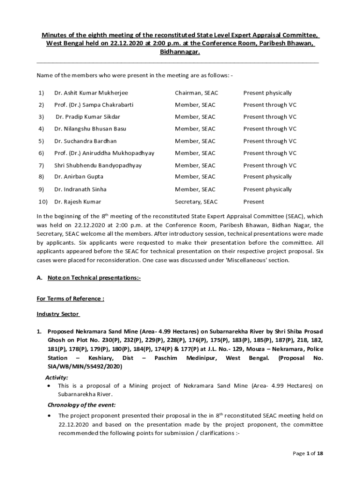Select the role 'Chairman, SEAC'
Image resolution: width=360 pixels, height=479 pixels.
[196, 93]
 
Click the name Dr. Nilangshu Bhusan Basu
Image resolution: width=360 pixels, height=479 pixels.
[90, 129]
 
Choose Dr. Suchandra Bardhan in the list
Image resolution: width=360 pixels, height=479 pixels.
[86, 141]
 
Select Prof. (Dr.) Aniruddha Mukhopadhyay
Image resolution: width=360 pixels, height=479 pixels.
[104, 153]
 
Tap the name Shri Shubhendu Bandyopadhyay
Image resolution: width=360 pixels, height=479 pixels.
[98, 165]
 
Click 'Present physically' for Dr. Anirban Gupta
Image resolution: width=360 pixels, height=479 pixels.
[267, 177]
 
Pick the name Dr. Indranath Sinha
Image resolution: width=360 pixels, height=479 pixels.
[80, 189]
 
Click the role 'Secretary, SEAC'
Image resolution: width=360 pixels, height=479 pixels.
[196, 202]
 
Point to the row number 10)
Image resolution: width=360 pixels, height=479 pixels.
[43, 202]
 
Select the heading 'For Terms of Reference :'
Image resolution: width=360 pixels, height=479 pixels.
[70, 298]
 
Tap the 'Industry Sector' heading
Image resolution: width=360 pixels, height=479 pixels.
[58, 314]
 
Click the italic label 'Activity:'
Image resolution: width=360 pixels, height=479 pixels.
[57, 377]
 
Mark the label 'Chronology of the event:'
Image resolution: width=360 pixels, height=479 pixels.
[79, 405]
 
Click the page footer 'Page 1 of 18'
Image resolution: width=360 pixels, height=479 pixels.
[308, 454]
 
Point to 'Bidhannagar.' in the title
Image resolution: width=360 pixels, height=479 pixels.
[180, 52]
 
